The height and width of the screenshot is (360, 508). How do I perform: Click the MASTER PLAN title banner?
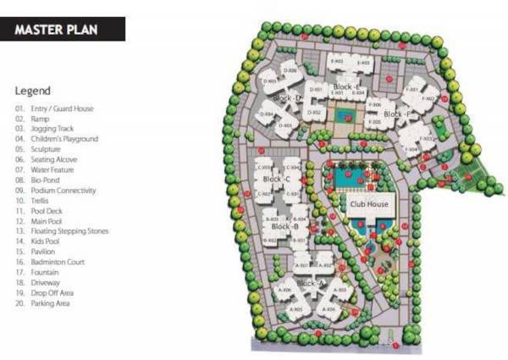(x=63, y=30)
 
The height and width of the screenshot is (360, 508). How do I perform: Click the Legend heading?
(x=33, y=91)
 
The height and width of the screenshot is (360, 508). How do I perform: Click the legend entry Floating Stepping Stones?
(x=72, y=230)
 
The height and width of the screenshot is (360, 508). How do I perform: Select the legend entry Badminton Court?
(x=60, y=262)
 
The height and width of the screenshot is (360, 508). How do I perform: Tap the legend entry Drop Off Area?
(x=56, y=292)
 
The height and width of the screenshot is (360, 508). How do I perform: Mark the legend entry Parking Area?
(x=54, y=302)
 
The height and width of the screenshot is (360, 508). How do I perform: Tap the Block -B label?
(x=284, y=227)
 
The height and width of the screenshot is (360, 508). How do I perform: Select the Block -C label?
(x=277, y=180)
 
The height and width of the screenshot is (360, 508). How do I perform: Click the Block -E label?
(x=347, y=87)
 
